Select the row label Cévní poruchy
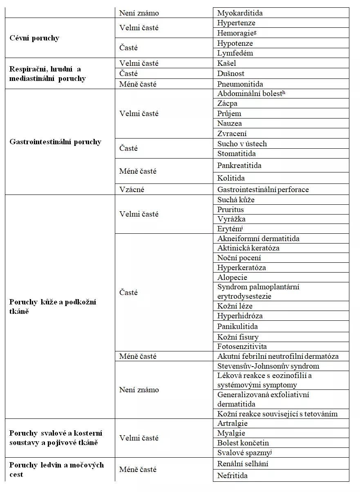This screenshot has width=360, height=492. (x=34, y=38)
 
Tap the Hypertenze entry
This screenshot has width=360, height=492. (x=236, y=23)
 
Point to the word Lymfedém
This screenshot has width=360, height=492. (x=235, y=53)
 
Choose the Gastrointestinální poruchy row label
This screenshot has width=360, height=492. (x=55, y=142)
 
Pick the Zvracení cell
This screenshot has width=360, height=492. (x=232, y=134)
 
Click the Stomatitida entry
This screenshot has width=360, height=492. (x=237, y=154)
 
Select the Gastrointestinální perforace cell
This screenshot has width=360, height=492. (x=263, y=190)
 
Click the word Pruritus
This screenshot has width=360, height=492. (x=230, y=210)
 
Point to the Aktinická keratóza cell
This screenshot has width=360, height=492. (x=248, y=248)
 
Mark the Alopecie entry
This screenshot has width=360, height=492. (x=232, y=277)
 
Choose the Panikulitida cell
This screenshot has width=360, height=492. (x=237, y=327)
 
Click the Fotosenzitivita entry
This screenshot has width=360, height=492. (x=242, y=347)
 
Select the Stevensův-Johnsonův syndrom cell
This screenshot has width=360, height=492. (x=268, y=366)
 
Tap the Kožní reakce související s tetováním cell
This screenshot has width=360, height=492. (x=277, y=414)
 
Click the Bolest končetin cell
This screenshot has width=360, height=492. (x=243, y=443)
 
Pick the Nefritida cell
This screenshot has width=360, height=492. (x=232, y=476)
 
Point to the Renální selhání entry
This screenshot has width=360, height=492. (x=243, y=464)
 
